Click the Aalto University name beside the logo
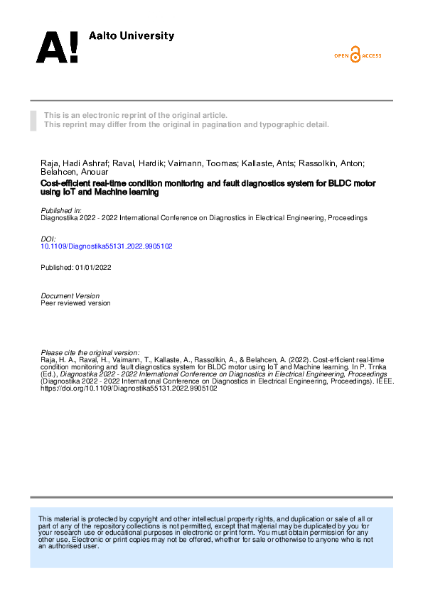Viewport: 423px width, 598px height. click(131, 36)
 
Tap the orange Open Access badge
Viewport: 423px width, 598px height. click(358, 55)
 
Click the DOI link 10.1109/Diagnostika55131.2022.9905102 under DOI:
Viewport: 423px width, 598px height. click(107, 246)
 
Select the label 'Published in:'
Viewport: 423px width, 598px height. click(62, 211)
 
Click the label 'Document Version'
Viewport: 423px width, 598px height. click(70, 295)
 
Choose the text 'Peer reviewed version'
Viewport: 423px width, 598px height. click(76, 303)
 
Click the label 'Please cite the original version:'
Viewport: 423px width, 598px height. click(90, 352)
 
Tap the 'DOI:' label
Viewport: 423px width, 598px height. click(48, 239)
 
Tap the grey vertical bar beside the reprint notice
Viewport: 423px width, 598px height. click(33, 120)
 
